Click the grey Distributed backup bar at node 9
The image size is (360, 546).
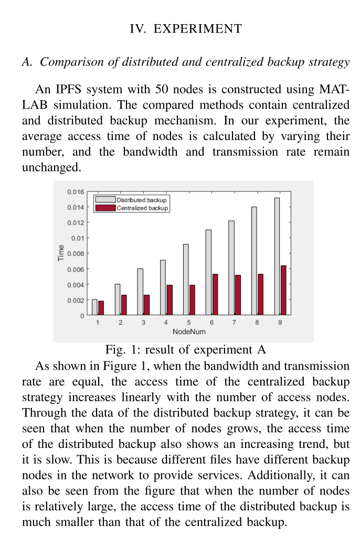(277, 256)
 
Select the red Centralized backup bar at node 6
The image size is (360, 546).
(215, 294)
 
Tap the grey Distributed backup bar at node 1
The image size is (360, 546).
(94, 307)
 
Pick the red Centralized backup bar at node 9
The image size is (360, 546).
(283, 290)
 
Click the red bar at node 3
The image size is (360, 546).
(146, 305)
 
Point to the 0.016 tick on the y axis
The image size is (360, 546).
(76, 192)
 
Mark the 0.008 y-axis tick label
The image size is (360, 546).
(76, 254)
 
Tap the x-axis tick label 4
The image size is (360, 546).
(166, 323)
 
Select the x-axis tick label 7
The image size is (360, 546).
(234, 323)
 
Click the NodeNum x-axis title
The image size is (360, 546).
(189, 331)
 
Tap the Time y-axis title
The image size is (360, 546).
(61, 253)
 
